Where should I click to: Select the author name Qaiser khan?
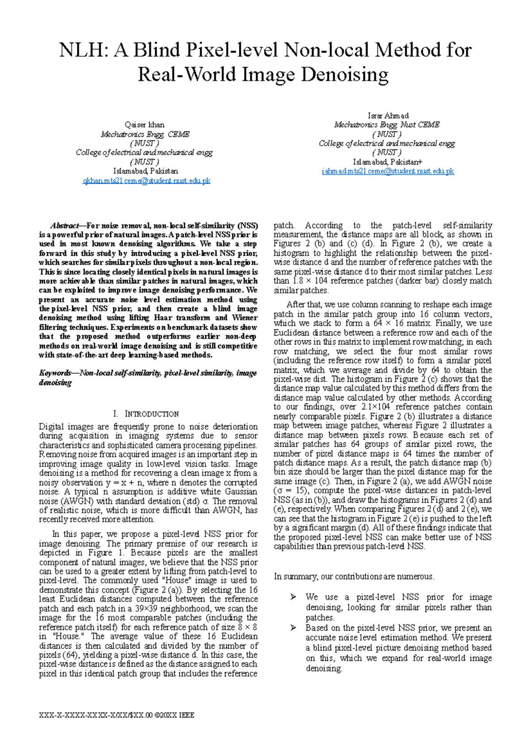pyautogui.click(x=145, y=125)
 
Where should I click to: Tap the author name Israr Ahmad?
pyautogui.click(x=388, y=116)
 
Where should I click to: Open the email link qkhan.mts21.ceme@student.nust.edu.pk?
pyautogui.click(x=146, y=181)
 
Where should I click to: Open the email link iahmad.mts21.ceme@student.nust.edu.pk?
pyautogui.click(x=388, y=171)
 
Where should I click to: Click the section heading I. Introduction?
pyautogui.click(x=146, y=414)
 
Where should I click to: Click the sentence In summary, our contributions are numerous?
pyautogui.click(x=354, y=576)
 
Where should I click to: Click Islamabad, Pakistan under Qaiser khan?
pyautogui.click(x=146, y=171)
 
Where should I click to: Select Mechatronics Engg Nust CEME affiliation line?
pyautogui.click(x=387, y=125)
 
